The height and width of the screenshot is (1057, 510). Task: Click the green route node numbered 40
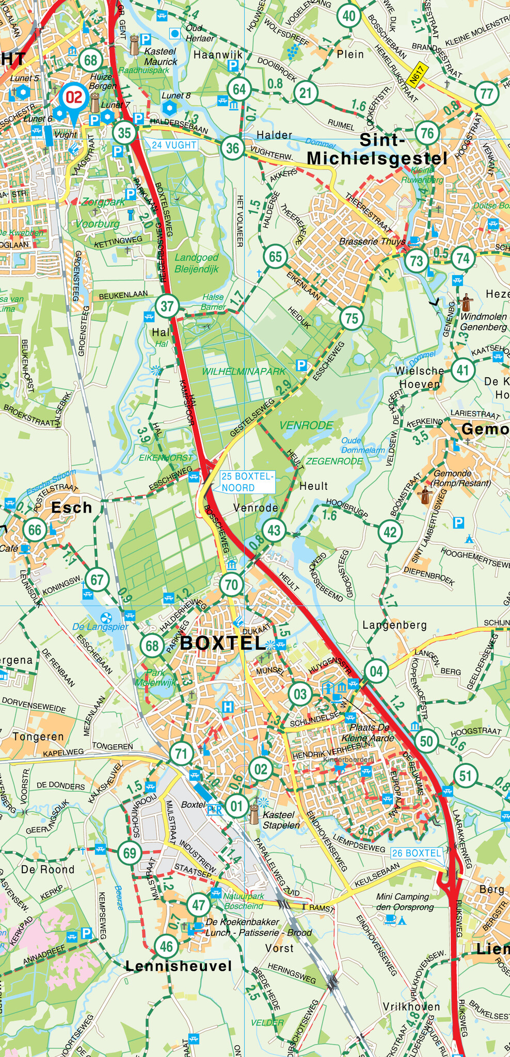[x=349, y=16]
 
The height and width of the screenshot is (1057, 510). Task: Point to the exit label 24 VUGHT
[x=174, y=145]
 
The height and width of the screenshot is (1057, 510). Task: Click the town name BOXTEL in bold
[x=222, y=643]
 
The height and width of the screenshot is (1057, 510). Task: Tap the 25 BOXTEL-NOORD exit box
[x=247, y=482]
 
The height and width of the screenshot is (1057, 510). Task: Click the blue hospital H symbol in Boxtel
[x=228, y=707]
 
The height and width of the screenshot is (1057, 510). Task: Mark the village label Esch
[x=71, y=508]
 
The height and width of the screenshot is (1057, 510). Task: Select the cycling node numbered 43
[x=274, y=530]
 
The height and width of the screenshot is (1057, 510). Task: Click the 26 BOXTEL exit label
[x=417, y=853]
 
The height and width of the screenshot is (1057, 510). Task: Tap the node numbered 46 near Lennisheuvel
[x=166, y=946]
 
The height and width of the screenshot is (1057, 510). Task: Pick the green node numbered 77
[x=486, y=93]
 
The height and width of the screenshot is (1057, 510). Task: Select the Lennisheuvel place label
[x=178, y=966]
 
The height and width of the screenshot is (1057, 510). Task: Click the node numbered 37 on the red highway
[x=167, y=306]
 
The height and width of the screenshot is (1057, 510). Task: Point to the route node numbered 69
[x=129, y=853]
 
